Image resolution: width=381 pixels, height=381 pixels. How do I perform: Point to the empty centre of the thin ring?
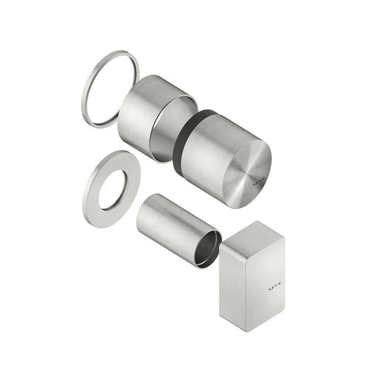pyautogui.click(x=111, y=89)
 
